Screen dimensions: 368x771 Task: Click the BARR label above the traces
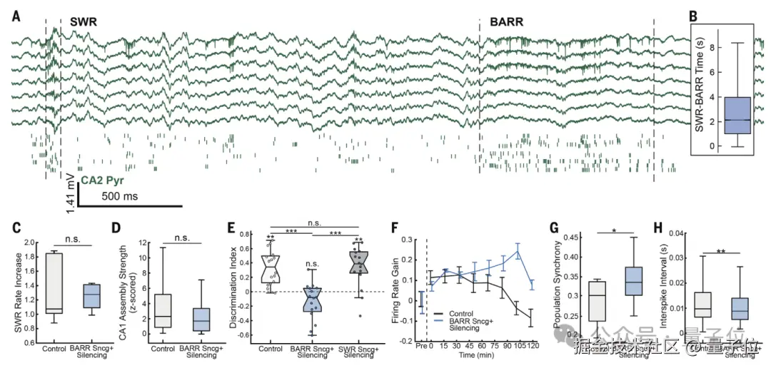pos(506,22)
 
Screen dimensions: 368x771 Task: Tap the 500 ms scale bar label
pos(119,195)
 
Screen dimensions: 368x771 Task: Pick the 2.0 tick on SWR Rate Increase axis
pos(31,242)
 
